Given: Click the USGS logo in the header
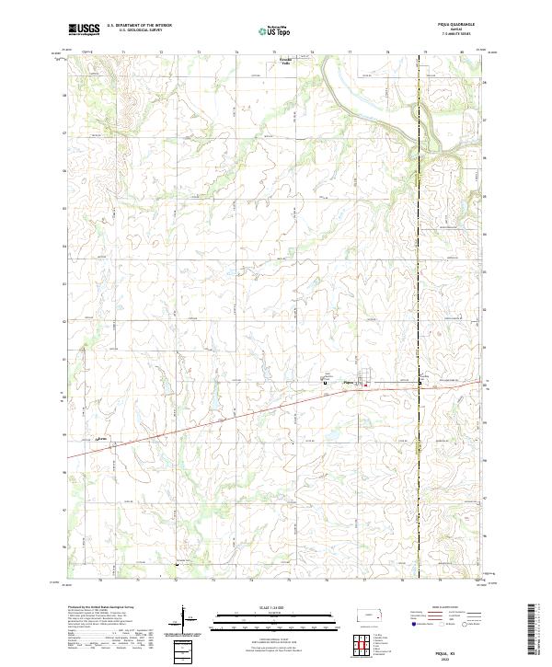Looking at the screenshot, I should click(x=84, y=29).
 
